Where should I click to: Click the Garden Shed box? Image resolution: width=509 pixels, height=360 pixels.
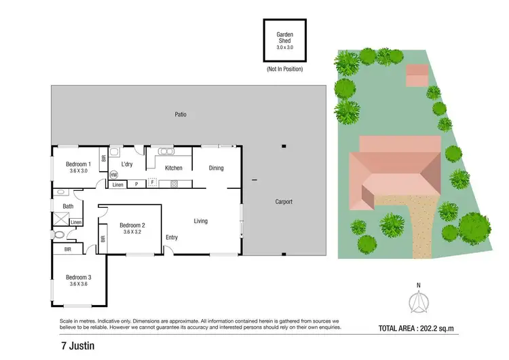pos(284,41)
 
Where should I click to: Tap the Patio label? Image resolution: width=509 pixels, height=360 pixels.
pos(180,115)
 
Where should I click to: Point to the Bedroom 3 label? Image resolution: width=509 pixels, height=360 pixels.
pos(78,277)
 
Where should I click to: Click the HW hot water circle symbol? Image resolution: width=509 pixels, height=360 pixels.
pos(113,175)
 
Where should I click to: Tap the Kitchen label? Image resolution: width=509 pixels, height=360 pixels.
pos(174,168)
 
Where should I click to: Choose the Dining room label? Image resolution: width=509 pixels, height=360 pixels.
pos(216,168)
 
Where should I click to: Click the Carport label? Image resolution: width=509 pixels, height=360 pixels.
pos(284,202)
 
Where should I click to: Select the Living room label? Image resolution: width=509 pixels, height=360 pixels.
pos(200,221)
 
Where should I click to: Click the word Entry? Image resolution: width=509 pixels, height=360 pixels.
pos(172,237)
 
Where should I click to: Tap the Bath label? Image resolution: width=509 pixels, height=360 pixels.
pos(69,206)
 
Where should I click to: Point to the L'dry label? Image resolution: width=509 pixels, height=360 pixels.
pos(127,164)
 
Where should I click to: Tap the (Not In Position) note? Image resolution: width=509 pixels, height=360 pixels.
pos(284,69)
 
